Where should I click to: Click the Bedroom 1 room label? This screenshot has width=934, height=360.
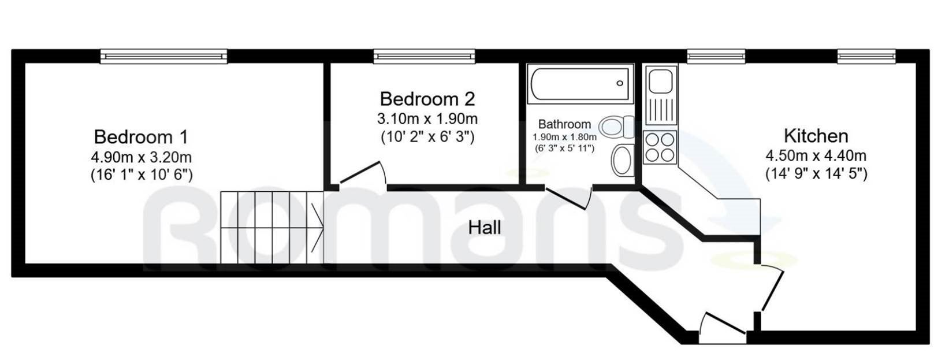click(141, 137)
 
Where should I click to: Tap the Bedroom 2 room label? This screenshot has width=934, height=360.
click(427, 99)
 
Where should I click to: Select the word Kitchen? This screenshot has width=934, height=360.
click(816, 136)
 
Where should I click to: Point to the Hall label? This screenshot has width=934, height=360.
click(485, 228)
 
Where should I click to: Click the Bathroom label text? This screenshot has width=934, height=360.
click(564, 124)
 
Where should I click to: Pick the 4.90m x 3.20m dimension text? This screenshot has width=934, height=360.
click(142, 157)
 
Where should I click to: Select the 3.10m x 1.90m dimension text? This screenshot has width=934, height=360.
click(427, 119)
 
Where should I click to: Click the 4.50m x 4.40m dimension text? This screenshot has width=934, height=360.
click(816, 155)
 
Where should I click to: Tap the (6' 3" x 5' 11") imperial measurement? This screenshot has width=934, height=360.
click(564, 148)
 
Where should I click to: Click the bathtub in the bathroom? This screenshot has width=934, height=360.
click(581, 84)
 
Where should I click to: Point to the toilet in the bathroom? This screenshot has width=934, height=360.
click(616, 127)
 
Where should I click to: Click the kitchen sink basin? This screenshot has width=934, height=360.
click(660, 81)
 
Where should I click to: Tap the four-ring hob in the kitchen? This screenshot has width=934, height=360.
click(660, 147)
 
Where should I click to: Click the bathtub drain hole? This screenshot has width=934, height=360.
click(620, 83)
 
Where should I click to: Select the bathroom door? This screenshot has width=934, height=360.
click(568, 198)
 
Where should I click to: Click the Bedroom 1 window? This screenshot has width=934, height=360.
click(164, 56)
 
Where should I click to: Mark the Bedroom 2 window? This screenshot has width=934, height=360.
click(424, 56)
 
